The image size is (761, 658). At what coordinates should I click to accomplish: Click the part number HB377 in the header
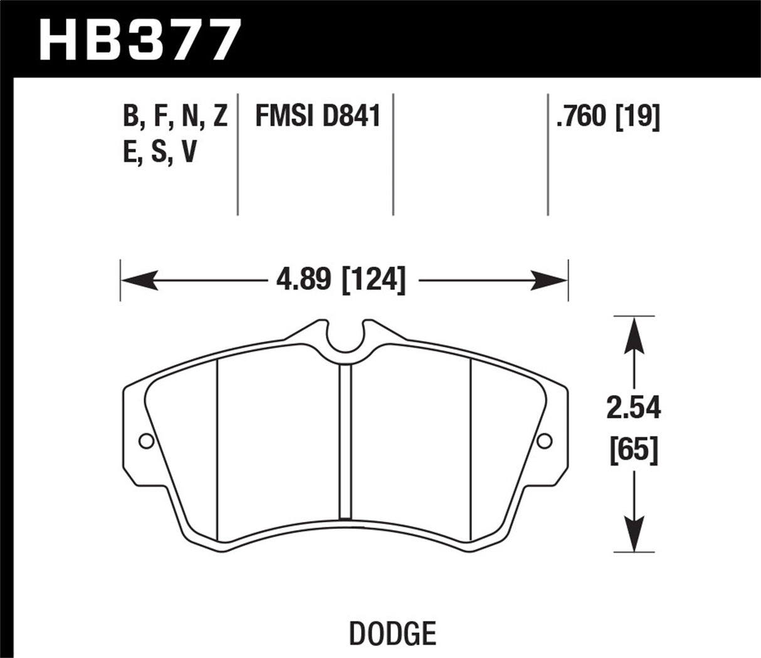[139, 39]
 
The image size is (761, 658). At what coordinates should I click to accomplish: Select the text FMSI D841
[318, 117]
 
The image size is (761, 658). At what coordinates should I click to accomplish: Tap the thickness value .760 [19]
[607, 117]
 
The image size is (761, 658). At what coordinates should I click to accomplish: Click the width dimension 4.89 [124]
[341, 279]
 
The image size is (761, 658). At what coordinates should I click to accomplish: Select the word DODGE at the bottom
[392, 633]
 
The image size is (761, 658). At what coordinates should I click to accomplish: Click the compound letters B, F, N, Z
[175, 117]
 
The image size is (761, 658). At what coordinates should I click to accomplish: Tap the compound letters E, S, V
[160, 152]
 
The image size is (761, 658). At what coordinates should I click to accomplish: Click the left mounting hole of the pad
[145, 442]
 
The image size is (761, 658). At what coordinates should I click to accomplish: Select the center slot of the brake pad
[345, 442]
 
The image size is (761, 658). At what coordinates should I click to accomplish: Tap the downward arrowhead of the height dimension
[635, 537]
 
